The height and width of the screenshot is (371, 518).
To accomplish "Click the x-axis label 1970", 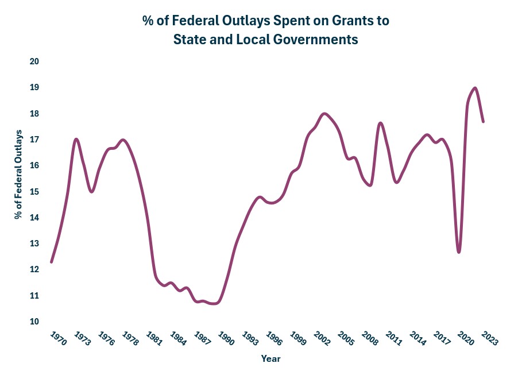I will point(59,338).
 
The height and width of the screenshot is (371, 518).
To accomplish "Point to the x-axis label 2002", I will point(322,338).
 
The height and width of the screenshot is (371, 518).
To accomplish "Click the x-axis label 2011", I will point(393,338).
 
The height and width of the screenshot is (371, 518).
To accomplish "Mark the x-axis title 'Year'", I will point(270,358).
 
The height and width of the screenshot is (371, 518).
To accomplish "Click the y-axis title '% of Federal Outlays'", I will point(20,175).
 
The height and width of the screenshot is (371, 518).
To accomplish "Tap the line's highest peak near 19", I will point(475,88).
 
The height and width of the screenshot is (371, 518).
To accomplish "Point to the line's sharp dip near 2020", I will point(459,252).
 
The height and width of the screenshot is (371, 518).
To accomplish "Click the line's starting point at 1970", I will point(52,262).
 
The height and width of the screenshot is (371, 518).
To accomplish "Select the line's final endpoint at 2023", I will point(484,122).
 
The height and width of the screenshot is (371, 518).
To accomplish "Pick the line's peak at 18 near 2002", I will point(325,114).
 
